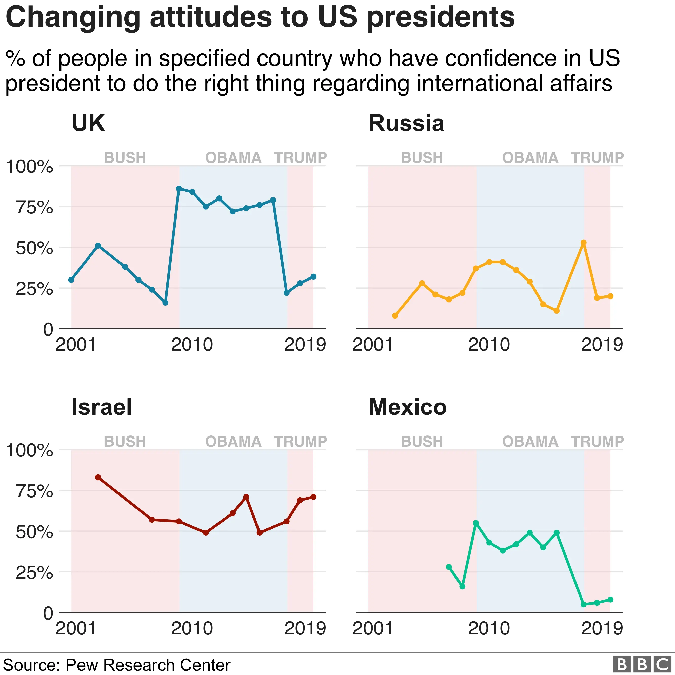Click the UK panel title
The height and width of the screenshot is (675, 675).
coord(88,123)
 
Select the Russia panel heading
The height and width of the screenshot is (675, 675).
coord(406,123)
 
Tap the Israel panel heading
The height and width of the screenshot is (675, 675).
coord(102,407)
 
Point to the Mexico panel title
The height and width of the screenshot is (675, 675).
coord(408,407)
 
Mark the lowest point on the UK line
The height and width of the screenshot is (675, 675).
coord(166,303)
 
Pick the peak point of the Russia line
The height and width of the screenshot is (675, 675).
coord(583,243)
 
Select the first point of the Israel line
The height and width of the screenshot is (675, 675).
coord(98,477)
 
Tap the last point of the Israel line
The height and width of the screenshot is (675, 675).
coord(313,497)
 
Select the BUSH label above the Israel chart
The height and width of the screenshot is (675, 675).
coord(125,442)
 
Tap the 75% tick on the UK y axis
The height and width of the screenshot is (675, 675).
coord(34,208)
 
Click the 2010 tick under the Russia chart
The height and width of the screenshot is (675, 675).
coord(489,345)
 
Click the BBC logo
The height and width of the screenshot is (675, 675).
coord(642,664)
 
